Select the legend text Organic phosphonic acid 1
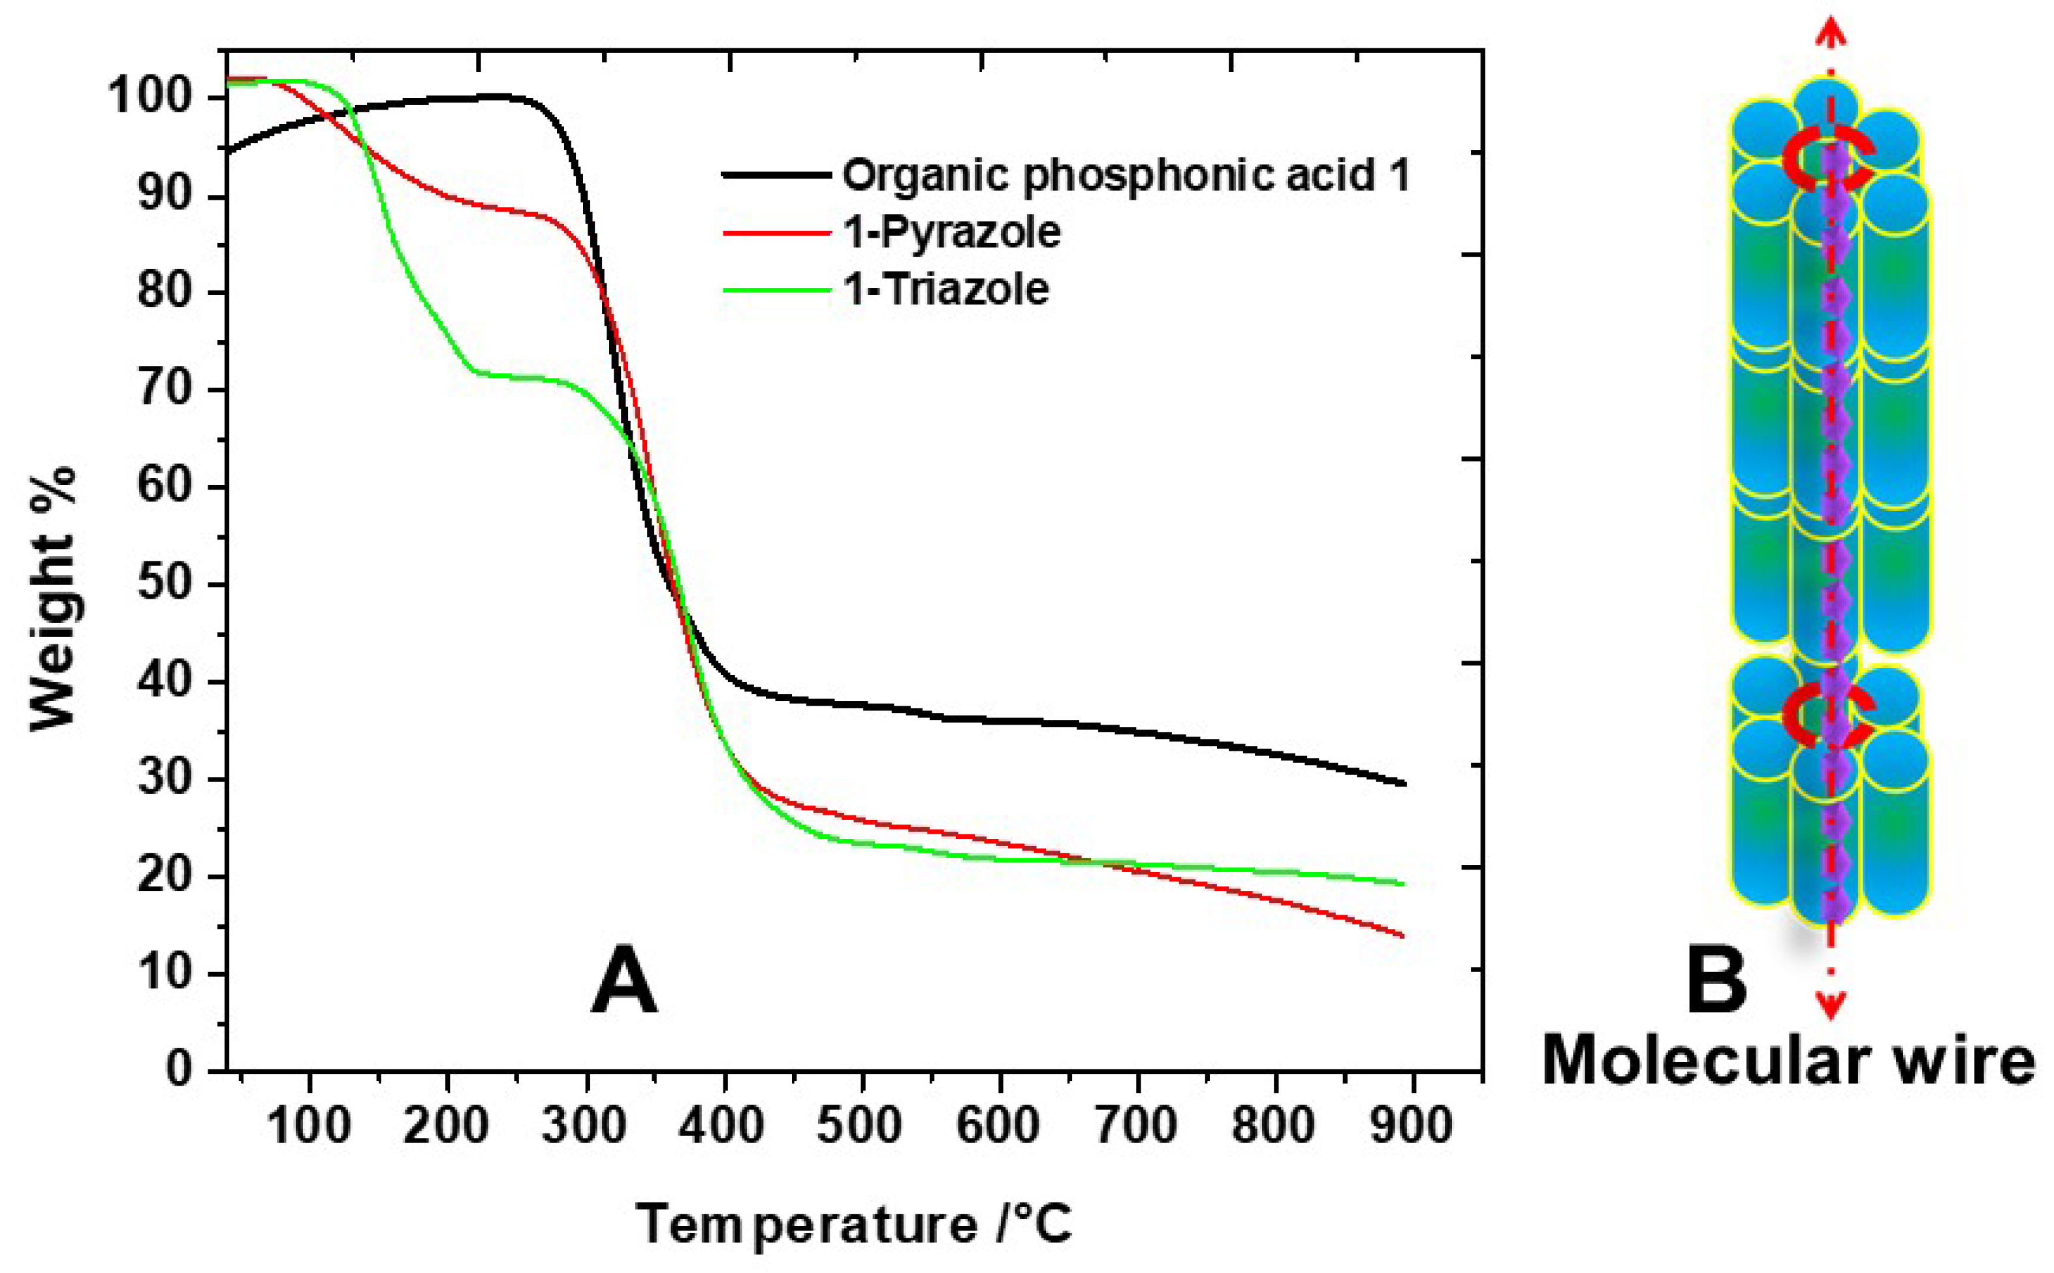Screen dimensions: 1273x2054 1126,175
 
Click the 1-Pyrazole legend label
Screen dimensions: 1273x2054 951,232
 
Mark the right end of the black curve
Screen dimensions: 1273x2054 1402,783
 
